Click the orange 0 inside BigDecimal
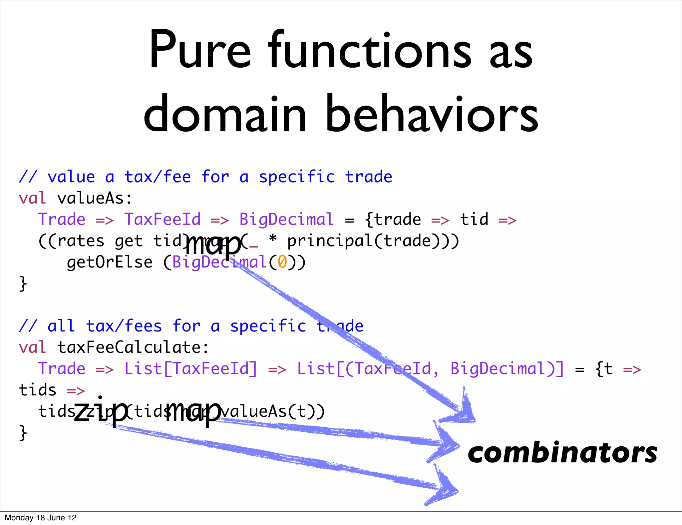coord(282,262)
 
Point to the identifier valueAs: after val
coord(95,199)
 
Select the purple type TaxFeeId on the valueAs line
coord(163,220)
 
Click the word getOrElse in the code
coord(110,262)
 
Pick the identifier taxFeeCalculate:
coord(133,347)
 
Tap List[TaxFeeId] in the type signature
coord(191,369)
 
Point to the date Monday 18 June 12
coord(41,518)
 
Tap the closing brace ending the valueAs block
coord(23,284)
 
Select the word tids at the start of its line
coord(38,390)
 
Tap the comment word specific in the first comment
coord(297,177)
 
